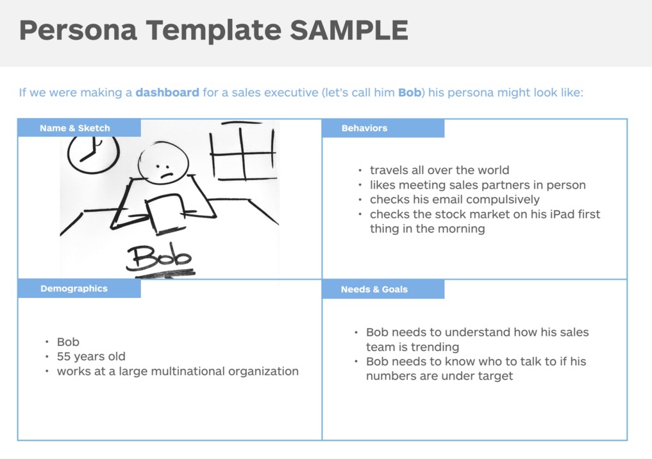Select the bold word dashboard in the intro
[167, 92]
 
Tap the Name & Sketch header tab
[75, 128]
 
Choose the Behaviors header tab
[364, 128]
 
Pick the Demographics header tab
[74, 288]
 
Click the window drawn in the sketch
[244, 153]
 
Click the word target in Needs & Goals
[494, 376]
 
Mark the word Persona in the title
[78, 30]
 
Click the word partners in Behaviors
[506, 185]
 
